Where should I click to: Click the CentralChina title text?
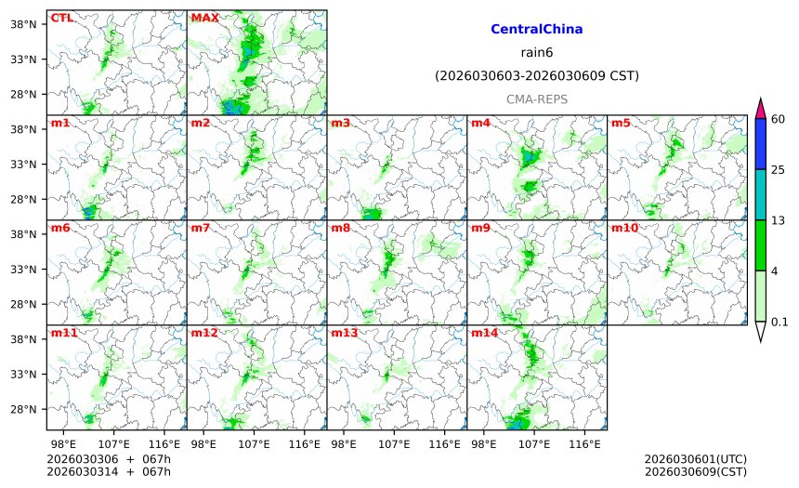tap(536, 30)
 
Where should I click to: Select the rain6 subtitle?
tap(536, 52)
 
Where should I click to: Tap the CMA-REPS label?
tap(536, 99)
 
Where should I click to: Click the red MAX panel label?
tap(204, 18)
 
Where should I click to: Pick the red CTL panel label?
tap(61, 18)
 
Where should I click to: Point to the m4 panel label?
tap(481, 123)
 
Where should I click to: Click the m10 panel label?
tap(624, 228)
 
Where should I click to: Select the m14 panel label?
tap(485, 333)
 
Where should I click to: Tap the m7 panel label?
tap(201, 228)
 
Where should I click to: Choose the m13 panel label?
tap(345, 333)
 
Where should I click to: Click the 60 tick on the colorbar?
tap(779, 118)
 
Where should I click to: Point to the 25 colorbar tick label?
tap(779, 169)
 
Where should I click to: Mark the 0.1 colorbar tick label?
tap(779, 322)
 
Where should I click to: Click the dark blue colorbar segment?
tap(760, 143)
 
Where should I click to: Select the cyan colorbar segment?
tap(760, 194)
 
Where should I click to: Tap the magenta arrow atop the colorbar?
tap(760, 107)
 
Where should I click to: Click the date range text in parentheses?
tap(536, 75)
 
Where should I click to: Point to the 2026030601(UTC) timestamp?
tap(695, 459)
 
